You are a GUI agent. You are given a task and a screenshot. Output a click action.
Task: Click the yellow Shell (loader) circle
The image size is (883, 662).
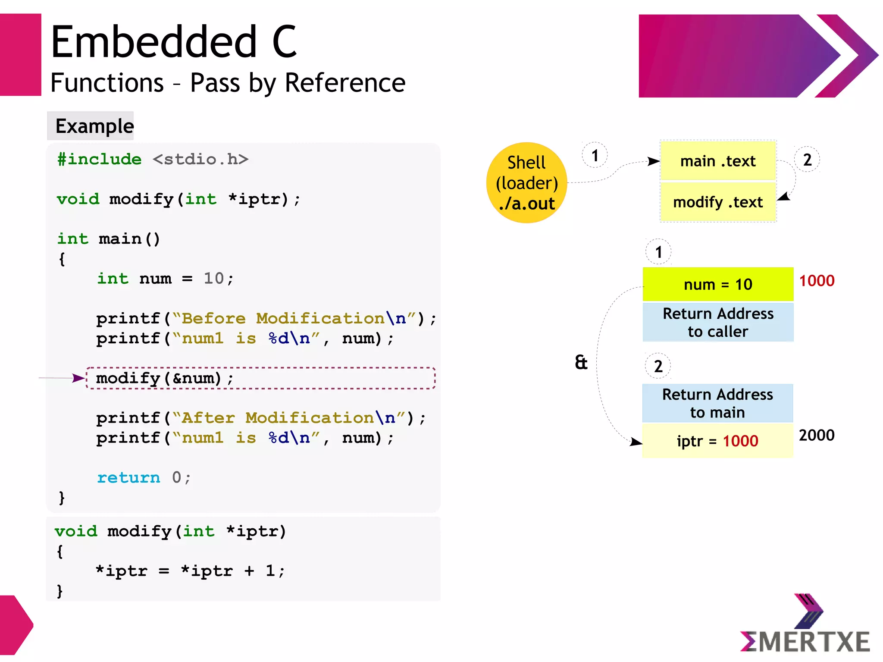[526, 182]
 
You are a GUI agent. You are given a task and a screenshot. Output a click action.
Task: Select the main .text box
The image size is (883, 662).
[718, 161]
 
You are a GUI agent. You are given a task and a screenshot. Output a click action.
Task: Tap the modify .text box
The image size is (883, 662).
[718, 202]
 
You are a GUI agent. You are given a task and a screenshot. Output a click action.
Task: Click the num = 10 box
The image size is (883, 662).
[718, 284]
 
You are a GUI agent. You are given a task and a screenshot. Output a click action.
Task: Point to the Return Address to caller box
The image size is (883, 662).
[718, 322]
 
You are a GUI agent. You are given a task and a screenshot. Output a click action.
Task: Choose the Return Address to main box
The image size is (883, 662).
[717, 403]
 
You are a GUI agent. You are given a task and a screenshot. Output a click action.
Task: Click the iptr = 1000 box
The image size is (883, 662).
[717, 441]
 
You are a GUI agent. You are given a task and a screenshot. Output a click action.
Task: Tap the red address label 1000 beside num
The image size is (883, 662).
[817, 281]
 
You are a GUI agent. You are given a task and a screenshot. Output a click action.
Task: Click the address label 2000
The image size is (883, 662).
[817, 435]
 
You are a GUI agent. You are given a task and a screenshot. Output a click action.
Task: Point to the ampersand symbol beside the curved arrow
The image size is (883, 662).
[581, 362]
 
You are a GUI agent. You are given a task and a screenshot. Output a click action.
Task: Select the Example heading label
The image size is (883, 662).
[94, 126]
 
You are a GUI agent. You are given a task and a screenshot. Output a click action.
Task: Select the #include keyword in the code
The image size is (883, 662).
[100, 159]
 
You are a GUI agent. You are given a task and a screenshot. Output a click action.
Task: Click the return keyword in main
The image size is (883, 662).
[128, 477]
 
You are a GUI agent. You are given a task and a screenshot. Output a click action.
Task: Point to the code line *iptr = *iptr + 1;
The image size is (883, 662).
[190, 571]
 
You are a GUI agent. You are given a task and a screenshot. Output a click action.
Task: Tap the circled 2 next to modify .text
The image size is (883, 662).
[807, 160]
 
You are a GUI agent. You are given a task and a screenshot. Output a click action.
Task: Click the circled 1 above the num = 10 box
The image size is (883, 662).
[658, 252]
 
